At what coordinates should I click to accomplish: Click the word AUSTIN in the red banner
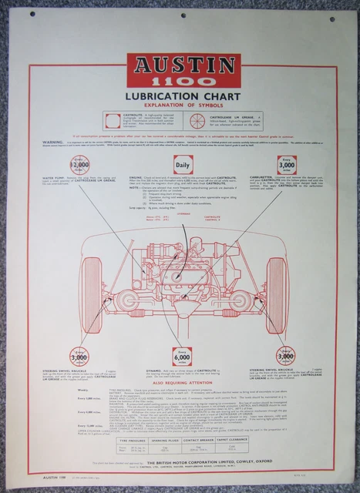tap(183, 63)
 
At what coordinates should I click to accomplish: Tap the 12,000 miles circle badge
tap(79, 164)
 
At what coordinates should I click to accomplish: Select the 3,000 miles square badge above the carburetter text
tap(287, 164)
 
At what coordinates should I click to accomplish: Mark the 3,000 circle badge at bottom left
tap(79, 356)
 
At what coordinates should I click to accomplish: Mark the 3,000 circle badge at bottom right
tap(286, 356)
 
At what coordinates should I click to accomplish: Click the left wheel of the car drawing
tap(91, 284)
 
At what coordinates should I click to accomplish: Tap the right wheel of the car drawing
tap(276, 284)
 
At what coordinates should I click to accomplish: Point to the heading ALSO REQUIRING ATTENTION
tap(183, 382)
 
